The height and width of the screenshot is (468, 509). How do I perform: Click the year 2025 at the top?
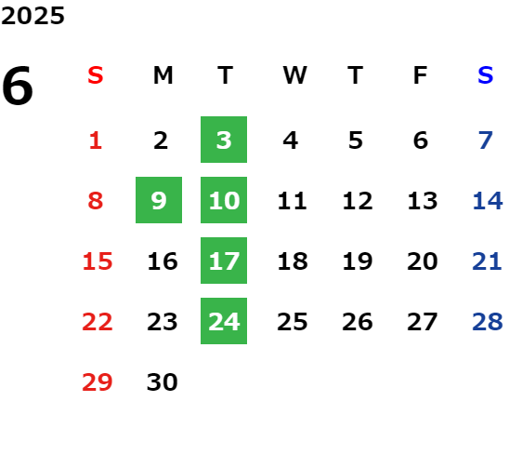click(x=33, y=16)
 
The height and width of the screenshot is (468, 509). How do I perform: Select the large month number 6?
click(x=18, y=86)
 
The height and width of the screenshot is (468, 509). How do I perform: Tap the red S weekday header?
click(x=96, y=75)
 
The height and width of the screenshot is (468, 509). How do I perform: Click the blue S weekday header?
click(x=486, y=75)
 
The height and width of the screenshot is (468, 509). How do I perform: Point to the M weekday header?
click(x=163, y=75)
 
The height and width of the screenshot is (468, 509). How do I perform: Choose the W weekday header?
click(x=294, y=75)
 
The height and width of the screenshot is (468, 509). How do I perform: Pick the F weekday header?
click(x=421, y=75)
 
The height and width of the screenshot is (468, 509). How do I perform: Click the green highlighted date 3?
click(x=224, y=140)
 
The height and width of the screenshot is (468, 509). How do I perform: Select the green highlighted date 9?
click(x=159, y=200)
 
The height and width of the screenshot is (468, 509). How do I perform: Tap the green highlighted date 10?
click(x=224, y=200)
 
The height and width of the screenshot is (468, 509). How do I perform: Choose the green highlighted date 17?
click(x=224, y=261)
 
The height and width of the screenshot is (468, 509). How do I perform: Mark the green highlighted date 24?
click(x=224, y=321)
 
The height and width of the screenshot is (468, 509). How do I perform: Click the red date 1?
click(x=96, y=140)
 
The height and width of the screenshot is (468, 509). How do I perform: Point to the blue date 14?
click(x=488, y=201)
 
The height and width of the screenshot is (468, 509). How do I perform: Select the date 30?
click(x=163, y=382)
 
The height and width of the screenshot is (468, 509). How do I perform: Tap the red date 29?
click(x=98, y=382)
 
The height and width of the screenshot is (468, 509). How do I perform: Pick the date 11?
click(x=293, y=201)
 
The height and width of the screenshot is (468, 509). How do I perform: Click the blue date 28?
click(x=488, y=322)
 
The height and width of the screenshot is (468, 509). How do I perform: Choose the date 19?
click(x=358, y=261)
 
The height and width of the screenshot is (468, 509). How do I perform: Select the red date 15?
click(x=98, y=261)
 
